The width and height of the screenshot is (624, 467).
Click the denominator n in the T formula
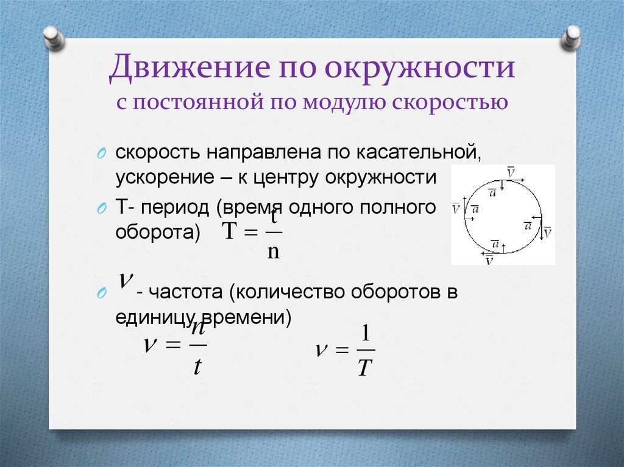(x=274, y=251)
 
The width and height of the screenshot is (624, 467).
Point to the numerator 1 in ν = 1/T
(x=365, y=335)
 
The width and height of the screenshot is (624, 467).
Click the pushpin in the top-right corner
(x=572, y=38)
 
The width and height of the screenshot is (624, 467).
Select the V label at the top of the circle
(x=511, y=174)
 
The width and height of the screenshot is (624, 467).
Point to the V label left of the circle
(x=456, y=208)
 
